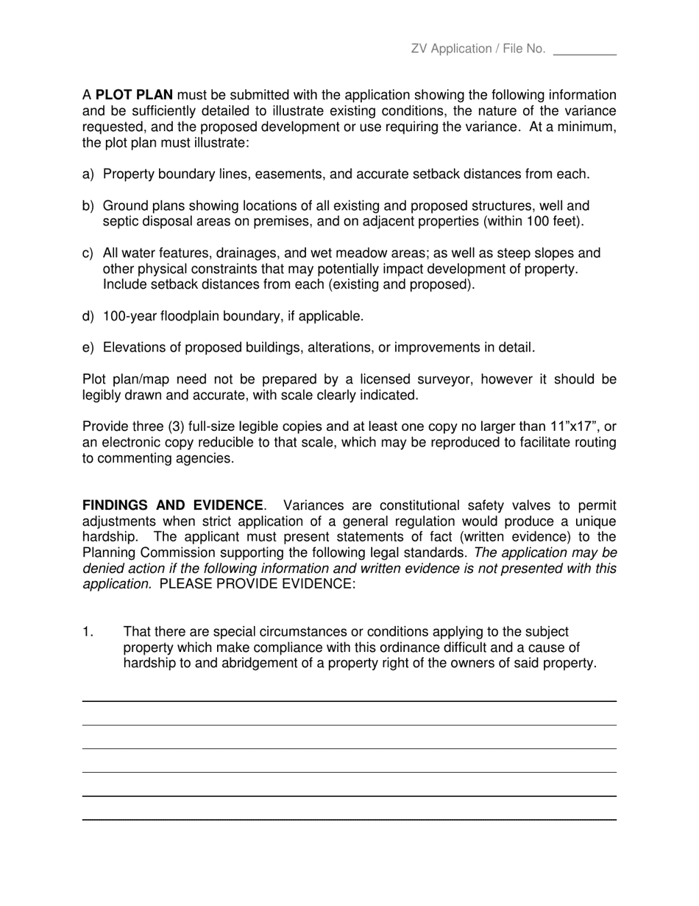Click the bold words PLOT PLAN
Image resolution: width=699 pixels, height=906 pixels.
[135, 95]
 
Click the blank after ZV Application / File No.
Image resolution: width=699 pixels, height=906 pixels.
[584, 50]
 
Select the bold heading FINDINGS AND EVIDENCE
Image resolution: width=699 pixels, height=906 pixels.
[172, 505]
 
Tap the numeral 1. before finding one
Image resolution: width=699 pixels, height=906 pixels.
[88, 632]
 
